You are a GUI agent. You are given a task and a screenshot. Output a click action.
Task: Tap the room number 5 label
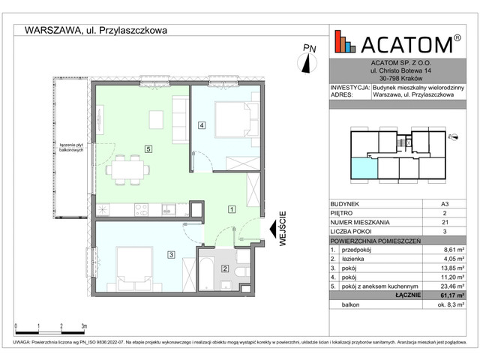(149, 149)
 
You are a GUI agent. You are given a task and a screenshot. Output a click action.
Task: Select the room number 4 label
(201, 125)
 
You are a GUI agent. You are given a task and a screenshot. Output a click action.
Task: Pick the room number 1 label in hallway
(232, 209)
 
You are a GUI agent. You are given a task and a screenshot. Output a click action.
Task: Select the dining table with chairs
(125, 169)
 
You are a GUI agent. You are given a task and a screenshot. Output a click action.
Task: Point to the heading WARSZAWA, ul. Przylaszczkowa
(96, 31)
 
